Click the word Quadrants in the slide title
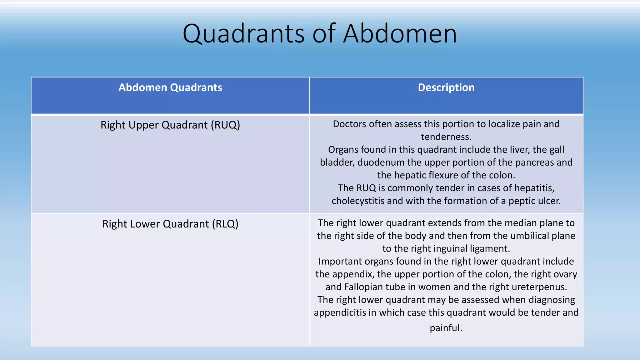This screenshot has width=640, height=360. [244, 34]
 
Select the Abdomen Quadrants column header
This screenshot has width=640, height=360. [170, 87]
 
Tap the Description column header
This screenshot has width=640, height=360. [446, 87]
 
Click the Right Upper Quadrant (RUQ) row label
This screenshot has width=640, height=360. [170, 125]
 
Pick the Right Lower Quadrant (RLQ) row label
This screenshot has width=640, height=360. [170, 224]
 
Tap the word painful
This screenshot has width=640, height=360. [445, 328]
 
